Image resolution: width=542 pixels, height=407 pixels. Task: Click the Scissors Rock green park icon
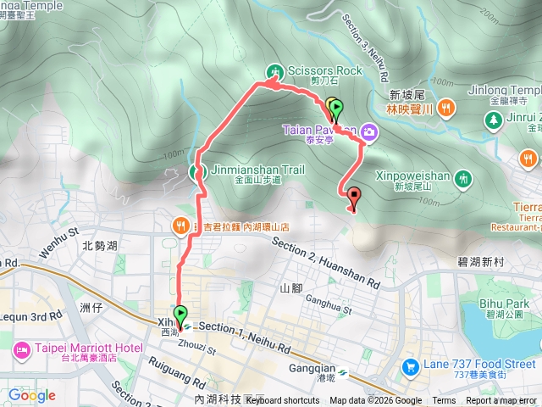tap(274, 70)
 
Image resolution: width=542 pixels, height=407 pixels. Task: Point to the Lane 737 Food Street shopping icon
tap(411, 366)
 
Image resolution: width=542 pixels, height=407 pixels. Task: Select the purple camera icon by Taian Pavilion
tap(369, 131)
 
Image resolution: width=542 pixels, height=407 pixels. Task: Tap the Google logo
tap(31, 395)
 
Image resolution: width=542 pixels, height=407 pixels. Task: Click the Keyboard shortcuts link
tap(283, 401)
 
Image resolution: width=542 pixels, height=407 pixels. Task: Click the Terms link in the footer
tap(444, 401)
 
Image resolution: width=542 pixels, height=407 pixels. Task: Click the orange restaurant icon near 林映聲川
tap(446, 106)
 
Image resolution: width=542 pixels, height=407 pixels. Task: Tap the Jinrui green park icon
tap(494, 120)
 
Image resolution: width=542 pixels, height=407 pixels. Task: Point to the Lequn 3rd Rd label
tap(32, 315)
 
